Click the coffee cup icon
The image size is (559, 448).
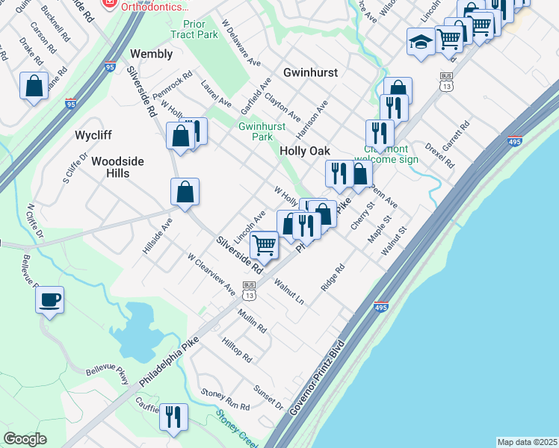[50, 300]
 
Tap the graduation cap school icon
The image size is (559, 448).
[420, 41]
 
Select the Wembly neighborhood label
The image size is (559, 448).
[151, 54]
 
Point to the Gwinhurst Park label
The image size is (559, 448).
[262, 131]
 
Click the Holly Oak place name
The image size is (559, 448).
[304, 150]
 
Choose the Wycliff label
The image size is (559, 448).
[93, 136]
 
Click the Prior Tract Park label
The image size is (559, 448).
[194, 29]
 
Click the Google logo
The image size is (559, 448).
[25, 438]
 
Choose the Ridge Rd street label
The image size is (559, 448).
[333, 277]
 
